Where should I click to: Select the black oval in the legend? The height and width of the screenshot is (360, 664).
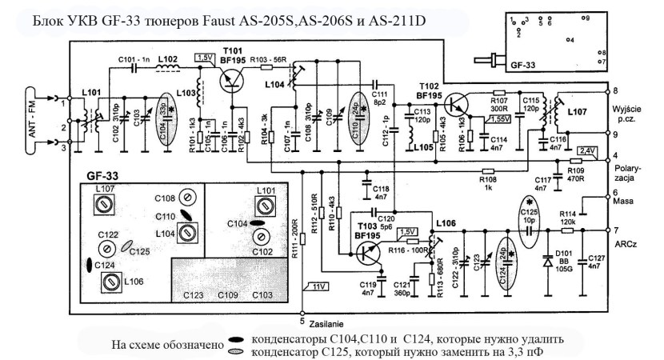237,339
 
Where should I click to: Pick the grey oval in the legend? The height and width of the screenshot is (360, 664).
237,351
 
